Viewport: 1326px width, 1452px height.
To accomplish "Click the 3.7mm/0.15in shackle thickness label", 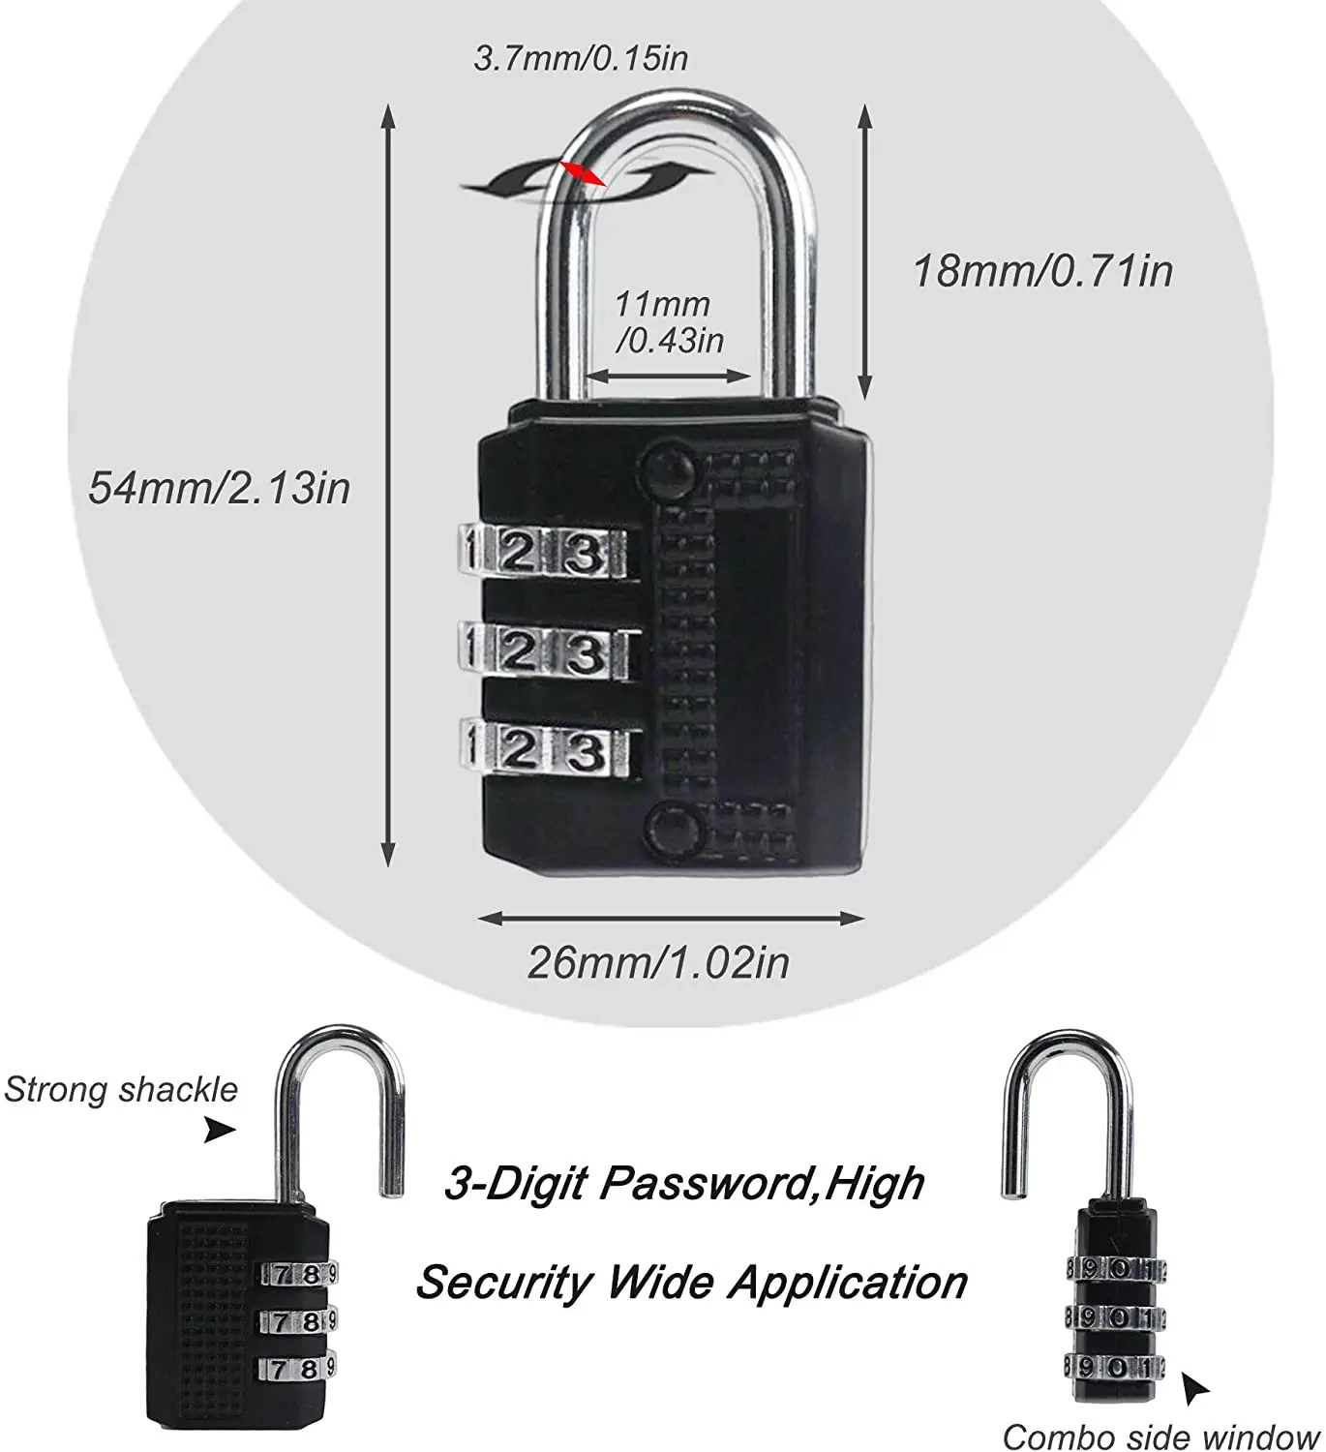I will tap(581, 58).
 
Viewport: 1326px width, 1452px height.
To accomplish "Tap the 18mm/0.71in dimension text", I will tap(1042, 271).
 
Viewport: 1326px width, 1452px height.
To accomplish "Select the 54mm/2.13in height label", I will tap(219, 487).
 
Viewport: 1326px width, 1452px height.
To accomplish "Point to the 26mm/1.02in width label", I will tap(658, 962).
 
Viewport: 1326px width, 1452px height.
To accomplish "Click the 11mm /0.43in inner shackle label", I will tap(666, 321).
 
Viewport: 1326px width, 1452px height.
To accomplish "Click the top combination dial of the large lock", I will tap(542, 553).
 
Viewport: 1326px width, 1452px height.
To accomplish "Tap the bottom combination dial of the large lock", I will tap(545, 749).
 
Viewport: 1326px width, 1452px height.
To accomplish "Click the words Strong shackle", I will tap(121, 1089).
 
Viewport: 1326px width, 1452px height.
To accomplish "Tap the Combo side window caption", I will tap(1161, 1437).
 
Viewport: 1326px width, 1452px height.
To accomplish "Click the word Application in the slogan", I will tap(848, 1283).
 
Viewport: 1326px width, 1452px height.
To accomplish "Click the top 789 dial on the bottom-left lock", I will tap(297, 1273).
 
